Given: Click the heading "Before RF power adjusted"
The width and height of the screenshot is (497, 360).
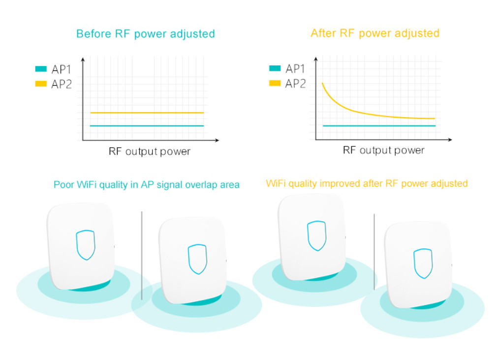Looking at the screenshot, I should point(146,34).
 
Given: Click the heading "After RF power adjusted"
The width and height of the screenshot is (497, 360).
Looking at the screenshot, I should point(375,33).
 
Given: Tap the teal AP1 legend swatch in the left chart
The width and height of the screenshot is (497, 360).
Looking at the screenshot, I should point(41,69).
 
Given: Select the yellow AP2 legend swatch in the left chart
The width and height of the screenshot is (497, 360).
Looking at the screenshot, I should point(41,84).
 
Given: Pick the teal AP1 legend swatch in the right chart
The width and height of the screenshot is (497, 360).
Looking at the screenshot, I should point(275,68).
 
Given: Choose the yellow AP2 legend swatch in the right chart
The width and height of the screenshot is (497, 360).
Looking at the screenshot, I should point(275,83).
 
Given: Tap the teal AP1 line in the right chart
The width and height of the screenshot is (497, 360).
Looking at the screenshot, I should point(379,126).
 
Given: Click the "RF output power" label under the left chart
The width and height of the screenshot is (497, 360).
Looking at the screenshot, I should point(150,151).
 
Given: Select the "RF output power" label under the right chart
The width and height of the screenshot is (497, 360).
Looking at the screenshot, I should point(383,150).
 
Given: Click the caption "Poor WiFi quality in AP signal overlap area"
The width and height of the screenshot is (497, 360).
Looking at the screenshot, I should point(147,185).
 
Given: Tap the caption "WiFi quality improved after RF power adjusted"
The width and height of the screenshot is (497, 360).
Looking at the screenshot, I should point(367,184).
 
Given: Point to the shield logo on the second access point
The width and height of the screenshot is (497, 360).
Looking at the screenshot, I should point(197,259).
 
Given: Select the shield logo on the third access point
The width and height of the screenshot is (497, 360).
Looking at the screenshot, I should point(316,236).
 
